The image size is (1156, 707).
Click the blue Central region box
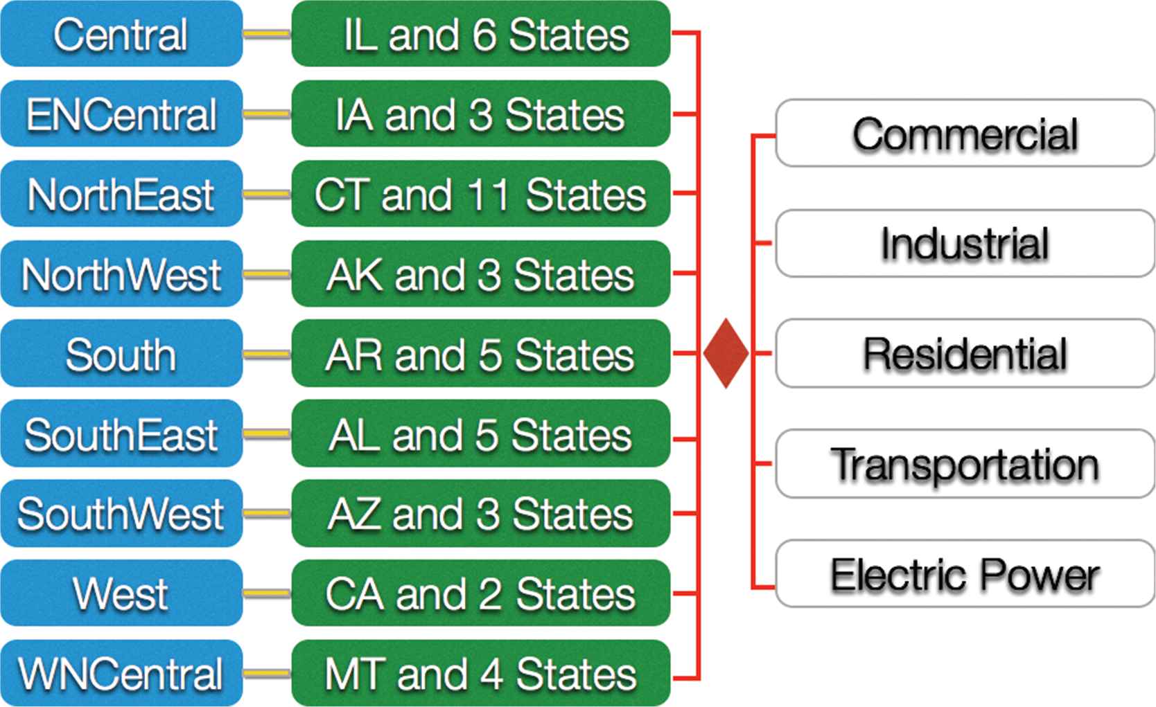pyautogui.click(x=121, y=34)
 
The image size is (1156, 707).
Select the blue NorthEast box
pyautogui.click(x=121, y=194)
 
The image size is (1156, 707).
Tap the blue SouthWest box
pyautogui.click(x=121, y=514)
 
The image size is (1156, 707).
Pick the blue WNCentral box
pyautogui.click(x=121, y=673)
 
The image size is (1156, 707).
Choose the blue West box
pyautogui.click(x=121, y=593)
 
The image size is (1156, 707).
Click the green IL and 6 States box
pyautogui.click(x=481, y=34)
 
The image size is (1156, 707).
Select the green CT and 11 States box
pyautogui.click(x=481, y=194)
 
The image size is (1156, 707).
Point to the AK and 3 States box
pyautogui.click(x=481, y=274)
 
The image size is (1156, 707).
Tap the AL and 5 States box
pyautogui.click(x=481, y=434)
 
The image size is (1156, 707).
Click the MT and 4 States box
pyautogui.click(x=481, y=673)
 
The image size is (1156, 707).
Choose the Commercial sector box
pyautogui.click(x=965, y=134)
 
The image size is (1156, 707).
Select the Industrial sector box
pyautogui.click(x=965, y=244)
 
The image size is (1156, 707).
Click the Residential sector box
pyautogui.click(x=965, y=354)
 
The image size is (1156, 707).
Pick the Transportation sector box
pyautogui.click(x=965, y=464)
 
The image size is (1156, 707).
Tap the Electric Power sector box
pyautogui.click(x=965, y=574)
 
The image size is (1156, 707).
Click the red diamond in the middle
pyautogui.click(x=726, y=353)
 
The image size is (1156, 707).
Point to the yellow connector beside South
pyautogui.click(x=267, y=355)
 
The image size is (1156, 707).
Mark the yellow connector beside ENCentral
pyautogui.click(x=267, y=114)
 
